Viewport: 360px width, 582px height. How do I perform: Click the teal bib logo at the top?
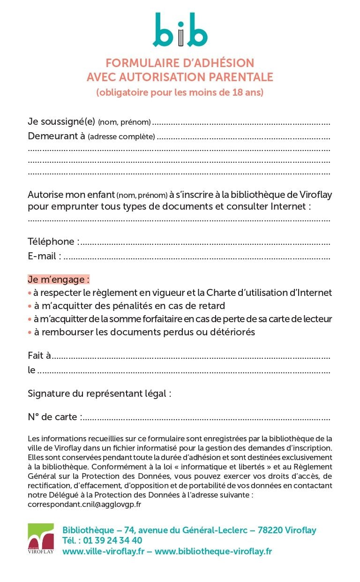180,30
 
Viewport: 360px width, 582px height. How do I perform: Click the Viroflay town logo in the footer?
41,538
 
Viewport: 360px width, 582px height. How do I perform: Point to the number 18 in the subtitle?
238,92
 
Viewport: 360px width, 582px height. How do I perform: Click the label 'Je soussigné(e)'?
61,122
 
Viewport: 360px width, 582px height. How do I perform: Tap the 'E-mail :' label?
45,256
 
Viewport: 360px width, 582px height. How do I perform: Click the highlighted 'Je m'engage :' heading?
59,280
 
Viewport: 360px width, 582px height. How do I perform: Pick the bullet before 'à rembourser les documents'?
30,332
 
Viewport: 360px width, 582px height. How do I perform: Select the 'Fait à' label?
39,355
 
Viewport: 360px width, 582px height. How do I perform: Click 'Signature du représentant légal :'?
99,393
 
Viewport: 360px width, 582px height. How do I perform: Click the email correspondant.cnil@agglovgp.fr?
84,505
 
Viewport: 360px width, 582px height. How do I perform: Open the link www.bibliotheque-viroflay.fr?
213,552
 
